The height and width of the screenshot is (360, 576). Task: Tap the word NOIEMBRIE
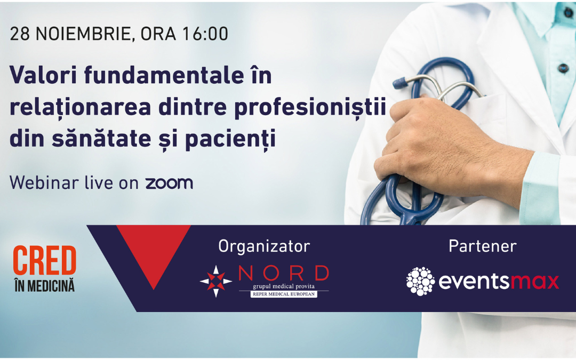coord(83,34)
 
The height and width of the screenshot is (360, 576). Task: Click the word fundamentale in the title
coord(164,75)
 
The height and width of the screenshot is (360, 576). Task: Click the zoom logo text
coord(170,183)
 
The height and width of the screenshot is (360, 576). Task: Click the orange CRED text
coord(44,260)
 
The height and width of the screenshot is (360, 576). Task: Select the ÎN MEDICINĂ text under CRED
coord(44,286)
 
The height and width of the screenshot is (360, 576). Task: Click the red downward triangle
coord(154,250)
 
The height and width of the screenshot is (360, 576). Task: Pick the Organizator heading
coord(264,246)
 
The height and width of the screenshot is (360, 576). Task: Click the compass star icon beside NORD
coord(216,282)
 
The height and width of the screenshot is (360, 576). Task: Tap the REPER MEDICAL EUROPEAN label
coord(284,294)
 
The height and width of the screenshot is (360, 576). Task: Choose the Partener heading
coord(483,246)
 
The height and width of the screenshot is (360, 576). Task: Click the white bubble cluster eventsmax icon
coord(421,282)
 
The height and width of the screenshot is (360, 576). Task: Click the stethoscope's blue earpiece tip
coord(398,83)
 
